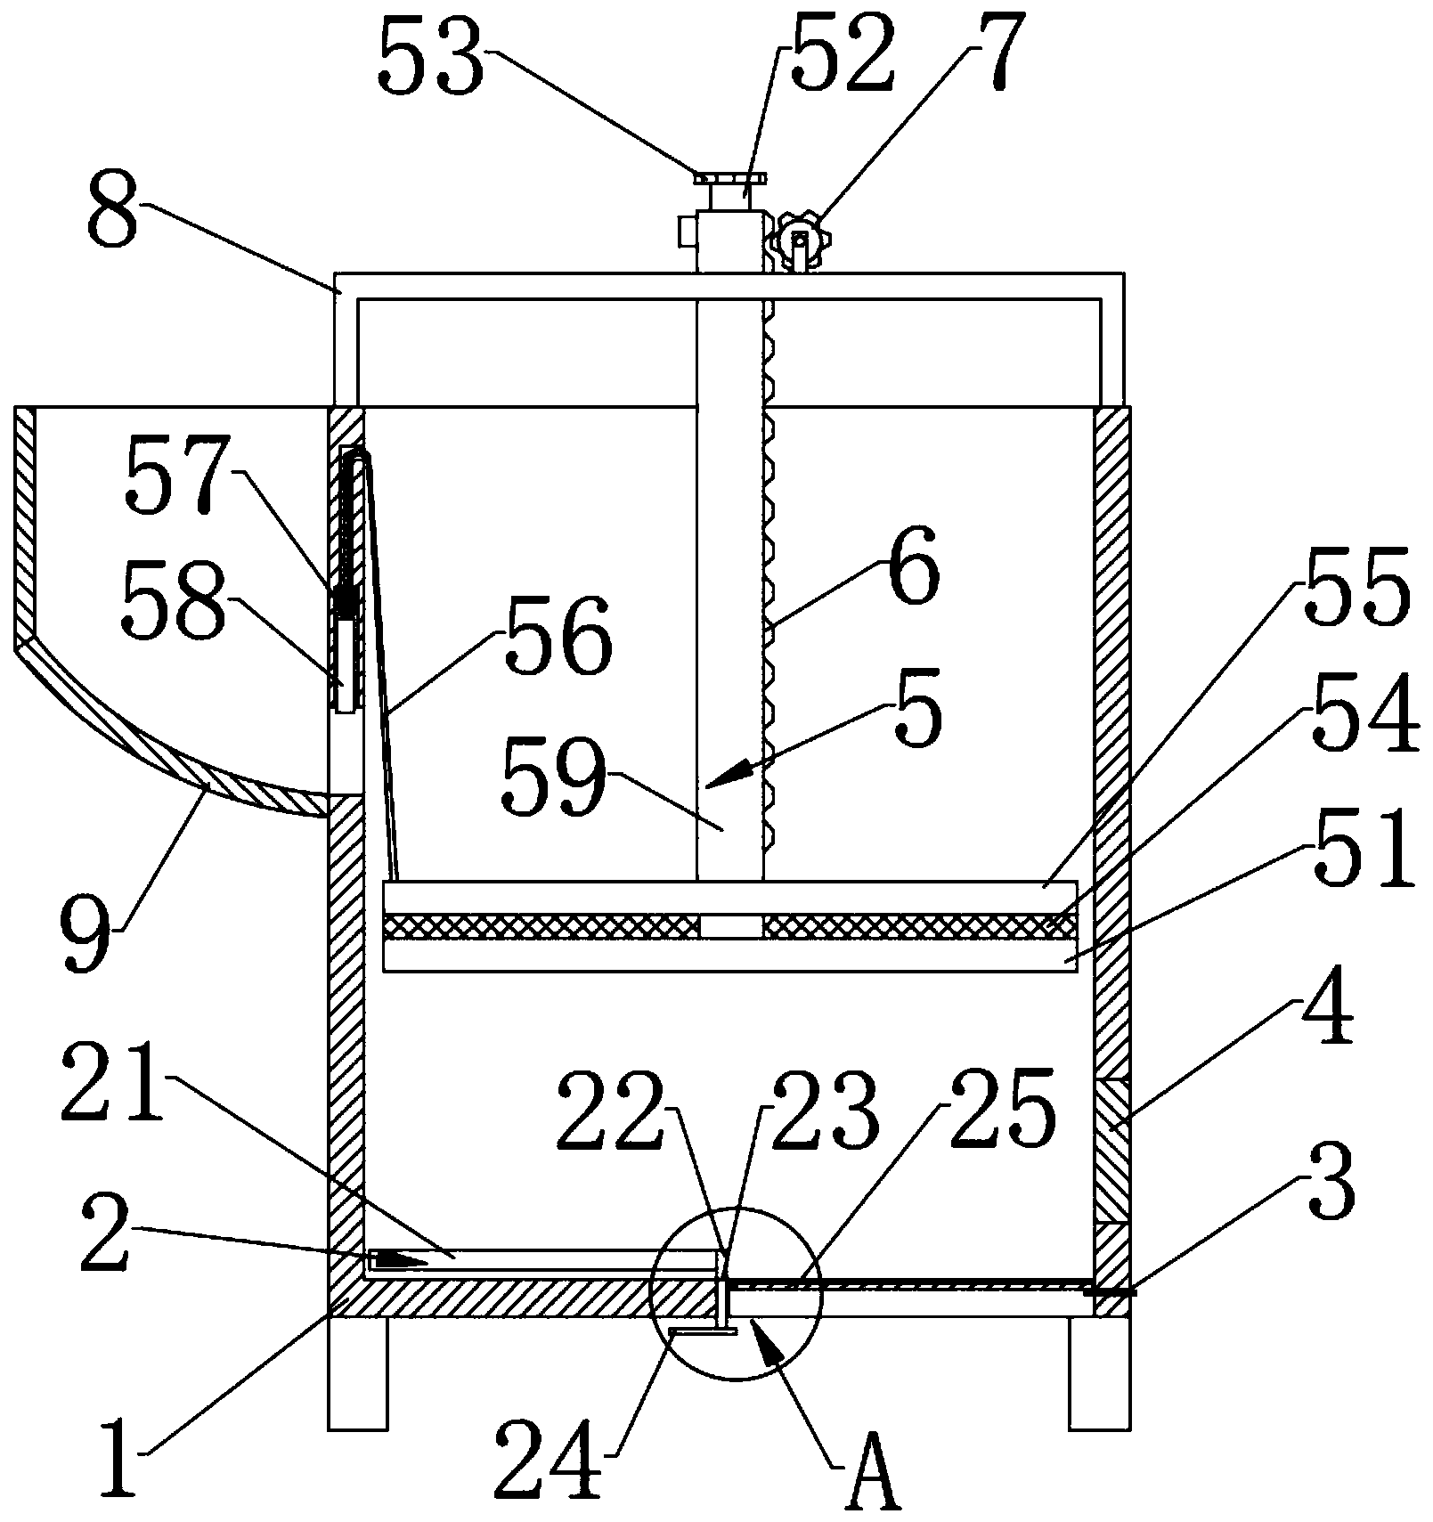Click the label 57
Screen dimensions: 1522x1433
[x=178, y=475]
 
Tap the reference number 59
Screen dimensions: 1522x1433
[x=554, y=777]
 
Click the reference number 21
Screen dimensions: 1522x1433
[x=113, y=1084]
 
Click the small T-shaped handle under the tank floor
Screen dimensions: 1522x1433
[x=703, y=1333]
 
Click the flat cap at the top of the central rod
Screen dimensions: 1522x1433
[x=729, y=178]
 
